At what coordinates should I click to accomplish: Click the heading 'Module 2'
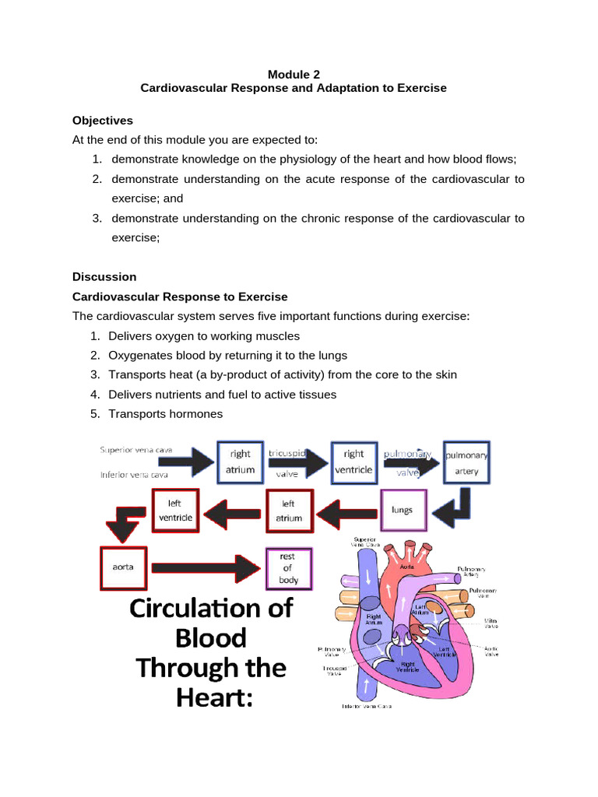(294, 74)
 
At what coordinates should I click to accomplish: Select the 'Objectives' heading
(103, 121)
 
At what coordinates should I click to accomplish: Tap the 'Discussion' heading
(104, 276)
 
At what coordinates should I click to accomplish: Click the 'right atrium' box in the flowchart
(240, 462)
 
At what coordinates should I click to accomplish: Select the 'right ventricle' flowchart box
(354, 462)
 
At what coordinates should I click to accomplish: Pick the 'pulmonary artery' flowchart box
(467, 462)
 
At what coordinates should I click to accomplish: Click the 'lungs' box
(403, 511)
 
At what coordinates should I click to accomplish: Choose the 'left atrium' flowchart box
(289, 510)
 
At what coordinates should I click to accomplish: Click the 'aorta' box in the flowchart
(123, 567)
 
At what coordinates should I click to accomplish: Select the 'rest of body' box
(289, 568)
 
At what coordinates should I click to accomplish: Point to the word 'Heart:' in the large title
(210, 698)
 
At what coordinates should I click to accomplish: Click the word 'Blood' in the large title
(210, 637)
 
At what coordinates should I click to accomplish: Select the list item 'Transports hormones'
(166, 414)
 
